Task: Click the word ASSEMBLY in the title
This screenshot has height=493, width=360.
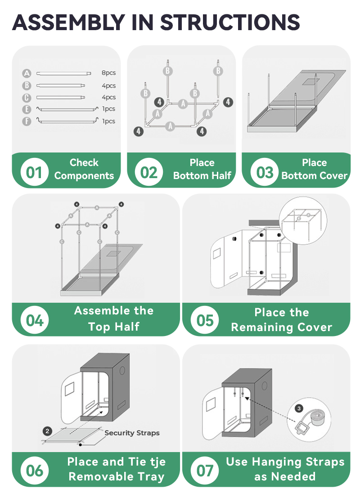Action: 69,22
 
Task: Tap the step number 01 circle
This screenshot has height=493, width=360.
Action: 34,172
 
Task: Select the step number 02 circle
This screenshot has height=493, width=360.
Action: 148,172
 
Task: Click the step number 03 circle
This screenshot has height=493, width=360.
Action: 265,172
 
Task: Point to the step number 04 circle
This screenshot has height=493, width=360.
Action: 35,320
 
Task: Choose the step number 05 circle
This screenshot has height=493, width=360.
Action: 205,320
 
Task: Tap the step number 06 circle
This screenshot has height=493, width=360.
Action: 35,471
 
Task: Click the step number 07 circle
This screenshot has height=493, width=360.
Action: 205,471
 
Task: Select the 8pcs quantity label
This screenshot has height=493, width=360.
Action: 108,73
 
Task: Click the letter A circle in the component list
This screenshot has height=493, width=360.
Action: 27,74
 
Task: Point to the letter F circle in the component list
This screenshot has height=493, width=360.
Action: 27,121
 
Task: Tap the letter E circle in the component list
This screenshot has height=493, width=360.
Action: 27,109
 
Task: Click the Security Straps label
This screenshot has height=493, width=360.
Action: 132,433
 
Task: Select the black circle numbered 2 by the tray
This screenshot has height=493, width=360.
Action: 48,431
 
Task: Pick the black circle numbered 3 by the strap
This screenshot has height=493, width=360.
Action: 299,408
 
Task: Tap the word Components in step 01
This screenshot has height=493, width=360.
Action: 84,175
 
